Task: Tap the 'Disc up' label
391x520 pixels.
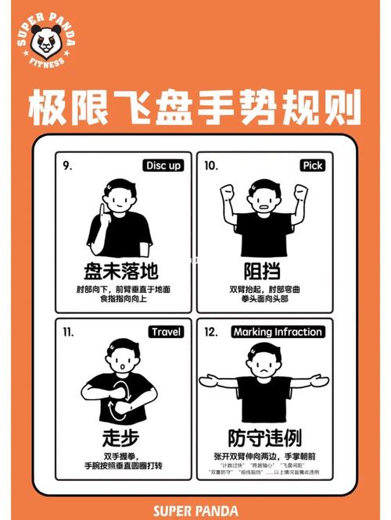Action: tap(163, 166)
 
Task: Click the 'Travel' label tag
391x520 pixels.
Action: tap(166, 332)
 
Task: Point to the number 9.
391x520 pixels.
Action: tap(67, 166)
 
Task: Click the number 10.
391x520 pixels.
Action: tap(211, 166)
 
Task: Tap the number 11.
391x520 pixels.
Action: tap(68, 332)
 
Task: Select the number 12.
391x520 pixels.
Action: tap(211, 332)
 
